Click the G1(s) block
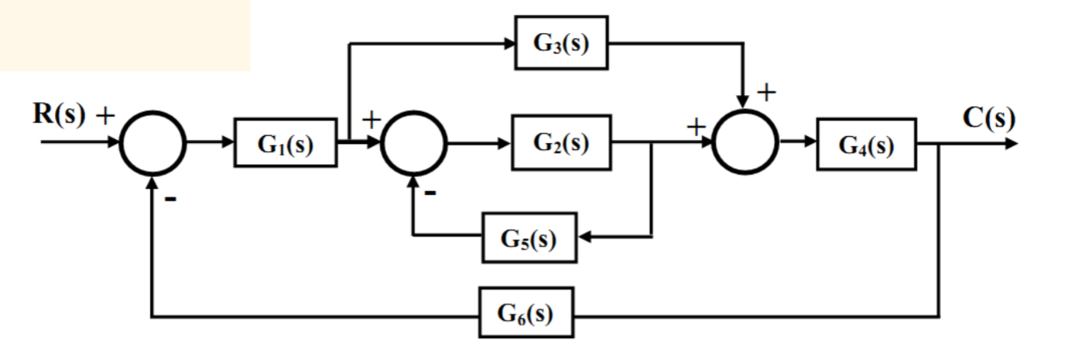(x=285, y=145)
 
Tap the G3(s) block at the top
(x=561, y=42)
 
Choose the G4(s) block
(x=866, y=145)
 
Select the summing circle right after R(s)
(x=152, y=145)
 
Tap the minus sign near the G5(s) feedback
(x=430, y=194)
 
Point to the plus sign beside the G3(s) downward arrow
(x=766, y=92)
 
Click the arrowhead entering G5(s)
(x=586, y=235)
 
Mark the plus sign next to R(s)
(x=105, y=116)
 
